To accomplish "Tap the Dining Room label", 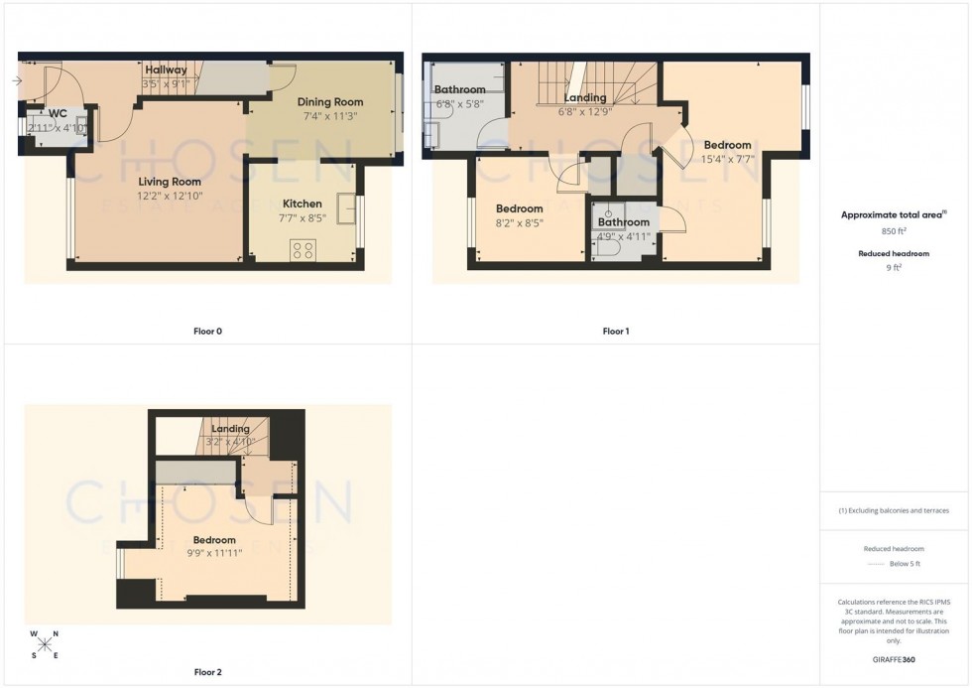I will click(330, 102).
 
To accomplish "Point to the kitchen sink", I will click(346, 208).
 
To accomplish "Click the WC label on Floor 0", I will click(43, 114).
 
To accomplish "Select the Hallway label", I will click(166, 70).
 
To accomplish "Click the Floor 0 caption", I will click(207, 331).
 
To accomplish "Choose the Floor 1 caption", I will click(616, 331).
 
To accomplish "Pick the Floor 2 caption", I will click(207, 672).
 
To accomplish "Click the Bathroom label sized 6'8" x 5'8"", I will click(460, 90).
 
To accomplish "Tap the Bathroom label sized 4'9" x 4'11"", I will click(623, 222).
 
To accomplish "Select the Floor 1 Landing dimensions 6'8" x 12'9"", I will click(585, 111).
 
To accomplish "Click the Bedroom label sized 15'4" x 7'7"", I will click(727, 146).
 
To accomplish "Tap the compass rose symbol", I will click(45, 644).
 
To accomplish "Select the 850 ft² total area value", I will click(895, 230).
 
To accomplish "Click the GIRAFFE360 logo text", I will click(895, 659).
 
